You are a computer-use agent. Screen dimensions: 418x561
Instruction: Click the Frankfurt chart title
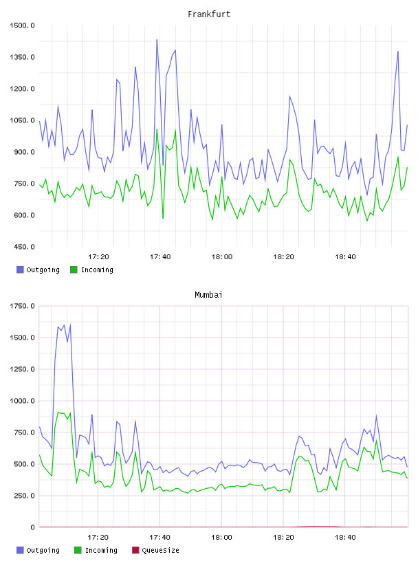(x=209, y=14)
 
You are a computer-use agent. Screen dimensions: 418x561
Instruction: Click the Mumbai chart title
(x=208, y=294)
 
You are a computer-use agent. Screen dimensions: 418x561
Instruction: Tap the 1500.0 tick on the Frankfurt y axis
(x=22, y=25)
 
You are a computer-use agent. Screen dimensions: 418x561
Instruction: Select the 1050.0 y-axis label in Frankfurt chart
(x=22, y=120)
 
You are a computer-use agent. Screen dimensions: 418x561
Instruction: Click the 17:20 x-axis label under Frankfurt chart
(x=98, y=256)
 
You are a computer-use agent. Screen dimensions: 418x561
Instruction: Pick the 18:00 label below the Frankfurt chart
(x=222, y=256)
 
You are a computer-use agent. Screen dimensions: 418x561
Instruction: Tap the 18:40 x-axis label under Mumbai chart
(x=345, y=537)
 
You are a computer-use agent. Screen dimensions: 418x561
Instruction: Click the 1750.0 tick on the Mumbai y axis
(x=22, y=306)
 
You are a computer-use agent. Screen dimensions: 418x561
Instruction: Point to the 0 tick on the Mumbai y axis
(x=32, y=527)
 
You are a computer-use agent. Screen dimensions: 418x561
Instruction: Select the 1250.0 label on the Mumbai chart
(x=22, y=369)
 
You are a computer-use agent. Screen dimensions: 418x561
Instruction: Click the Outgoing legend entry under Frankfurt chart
(x=38, y=269)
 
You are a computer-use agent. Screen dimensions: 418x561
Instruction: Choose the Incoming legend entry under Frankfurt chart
(x=92, y=269)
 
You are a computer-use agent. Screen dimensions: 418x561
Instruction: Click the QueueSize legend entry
(x=155, y=550)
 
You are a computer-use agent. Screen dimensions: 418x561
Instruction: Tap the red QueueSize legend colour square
(x=135, y=550)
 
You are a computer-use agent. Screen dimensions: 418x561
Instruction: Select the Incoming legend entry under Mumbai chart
(x=96, y=550)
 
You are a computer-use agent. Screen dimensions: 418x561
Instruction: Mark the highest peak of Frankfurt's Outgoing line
(x=157, y=40)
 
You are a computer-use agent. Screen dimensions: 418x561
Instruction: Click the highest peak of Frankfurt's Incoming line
(x=157, y=129)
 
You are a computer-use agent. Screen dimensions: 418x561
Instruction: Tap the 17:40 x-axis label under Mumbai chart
(x=160, y=537)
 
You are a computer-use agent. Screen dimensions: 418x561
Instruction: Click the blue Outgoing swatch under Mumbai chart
(x=20, y=550)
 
